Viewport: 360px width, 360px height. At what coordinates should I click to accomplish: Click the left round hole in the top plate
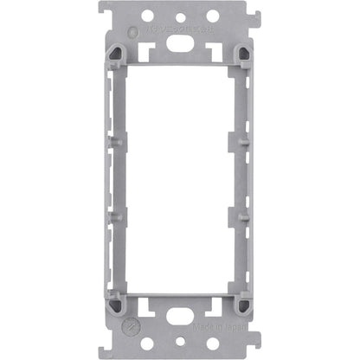pyautogui.click(x=147, y=16)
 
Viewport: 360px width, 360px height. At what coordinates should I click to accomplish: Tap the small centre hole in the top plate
pyautogui.click(x=180, y=17)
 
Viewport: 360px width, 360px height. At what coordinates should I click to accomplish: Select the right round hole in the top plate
pyautogui.click(x=212, y=16)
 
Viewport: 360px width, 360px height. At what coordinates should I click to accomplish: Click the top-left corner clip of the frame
pyautogui.click(x=115, y=54)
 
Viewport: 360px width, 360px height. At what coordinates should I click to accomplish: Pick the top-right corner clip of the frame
pyautogui.click(x=244, y=54)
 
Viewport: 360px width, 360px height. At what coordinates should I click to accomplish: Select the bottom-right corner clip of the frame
pyautogui.click(x=244, y=305)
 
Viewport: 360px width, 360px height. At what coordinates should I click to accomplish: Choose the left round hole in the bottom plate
pyautogui.click(x=147, y=344)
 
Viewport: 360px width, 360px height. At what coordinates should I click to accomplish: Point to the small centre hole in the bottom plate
pyautogui.click(x=180, y=342)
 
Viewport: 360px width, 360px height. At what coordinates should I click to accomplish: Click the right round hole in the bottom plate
pyautogui.click(x=212, y=344)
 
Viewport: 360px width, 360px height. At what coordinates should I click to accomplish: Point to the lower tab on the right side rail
pyautogui.click(x=245, y=215)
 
